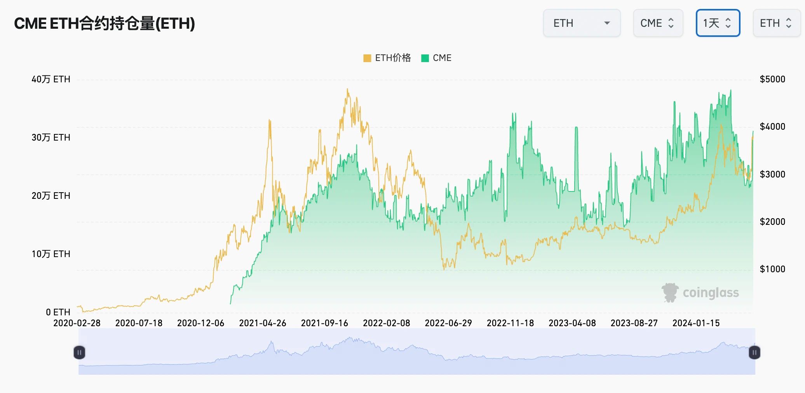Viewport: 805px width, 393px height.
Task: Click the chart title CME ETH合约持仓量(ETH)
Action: (x=105, y=23)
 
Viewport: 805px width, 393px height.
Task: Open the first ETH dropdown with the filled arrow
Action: (x=582, y=23)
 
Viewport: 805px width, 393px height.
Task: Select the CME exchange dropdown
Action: (x=658, y=23)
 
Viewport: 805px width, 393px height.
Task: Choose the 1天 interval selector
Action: (x=718, y=23)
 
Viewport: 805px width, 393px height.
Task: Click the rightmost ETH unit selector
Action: (x=776, y=23)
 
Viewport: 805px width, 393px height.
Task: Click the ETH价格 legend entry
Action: (x=387, y=58)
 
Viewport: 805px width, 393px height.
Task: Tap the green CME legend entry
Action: (x=437, y=58)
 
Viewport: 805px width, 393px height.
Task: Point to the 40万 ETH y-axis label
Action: (x=51, y=80)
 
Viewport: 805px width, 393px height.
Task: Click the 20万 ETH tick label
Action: (x=51, y=196)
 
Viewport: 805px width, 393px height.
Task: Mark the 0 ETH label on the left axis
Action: (x=58, y=312)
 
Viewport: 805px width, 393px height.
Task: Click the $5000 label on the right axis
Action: (x=772, y=80)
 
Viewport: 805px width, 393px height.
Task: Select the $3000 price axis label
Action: (x=772, y=174)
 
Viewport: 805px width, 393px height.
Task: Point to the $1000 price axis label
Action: (x=772, y=269)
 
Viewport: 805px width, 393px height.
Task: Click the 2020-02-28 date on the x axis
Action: (x=77, y=323)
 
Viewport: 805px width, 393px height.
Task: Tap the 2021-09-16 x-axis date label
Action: (x=324, y=323)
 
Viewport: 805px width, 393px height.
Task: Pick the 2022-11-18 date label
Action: (x=510, y=323)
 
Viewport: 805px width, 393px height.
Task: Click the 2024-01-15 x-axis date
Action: (x=696, y=323)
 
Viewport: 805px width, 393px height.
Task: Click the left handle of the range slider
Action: (x=79, y=353)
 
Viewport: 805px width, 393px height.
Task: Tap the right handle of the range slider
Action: (x=754, y=353)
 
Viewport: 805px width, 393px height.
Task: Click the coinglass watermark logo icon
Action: (x=670, y=293)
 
